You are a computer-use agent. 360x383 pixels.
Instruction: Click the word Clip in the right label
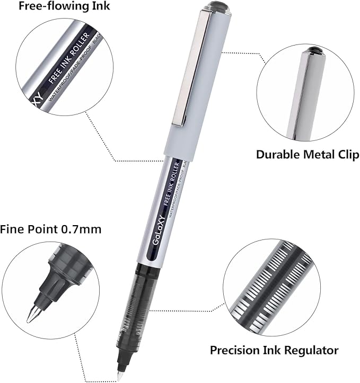pyautogui.click(x=348, y=155)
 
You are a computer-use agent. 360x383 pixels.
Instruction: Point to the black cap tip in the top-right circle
pyautogui.click(x=313, y=51)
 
